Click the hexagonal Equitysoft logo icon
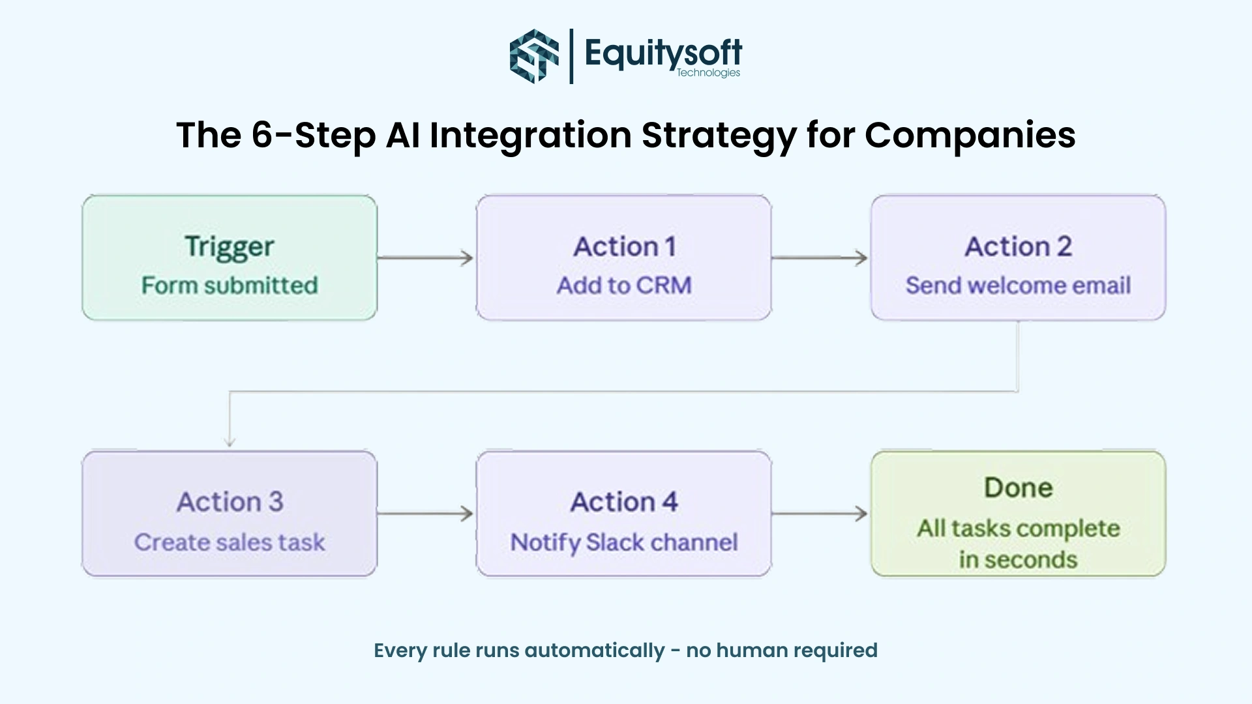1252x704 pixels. click(x=534, y=56)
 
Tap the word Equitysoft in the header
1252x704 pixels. click(x=663, y=52)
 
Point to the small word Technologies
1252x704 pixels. click(x=708, y=72)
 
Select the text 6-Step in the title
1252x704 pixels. click(x=313, y=135)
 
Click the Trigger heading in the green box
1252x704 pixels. click(x=230, y=246)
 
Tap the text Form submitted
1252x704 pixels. click(x=230, y=286)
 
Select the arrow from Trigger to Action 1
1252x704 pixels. click(x=425, y=258)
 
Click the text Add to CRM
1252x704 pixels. click(x=624, y=286)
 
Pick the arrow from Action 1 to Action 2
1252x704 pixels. click(x=820, y=258)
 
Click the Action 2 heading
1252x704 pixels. click(x=1018, y=246)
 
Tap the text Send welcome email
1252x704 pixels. click(x=1018, y=286)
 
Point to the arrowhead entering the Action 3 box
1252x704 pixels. click(x=230, y=441)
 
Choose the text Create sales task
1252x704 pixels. click(x=230, y=542)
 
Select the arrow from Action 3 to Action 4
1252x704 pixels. click(x=425, y=514)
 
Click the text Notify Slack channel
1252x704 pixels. click(x=624, y=542)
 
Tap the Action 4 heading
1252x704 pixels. click(x=624, y=502)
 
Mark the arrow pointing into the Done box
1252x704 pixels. click(x=820, y=514)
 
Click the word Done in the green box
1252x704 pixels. click(x=1018, y=488)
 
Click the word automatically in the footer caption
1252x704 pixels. click(x=594, y=650)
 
